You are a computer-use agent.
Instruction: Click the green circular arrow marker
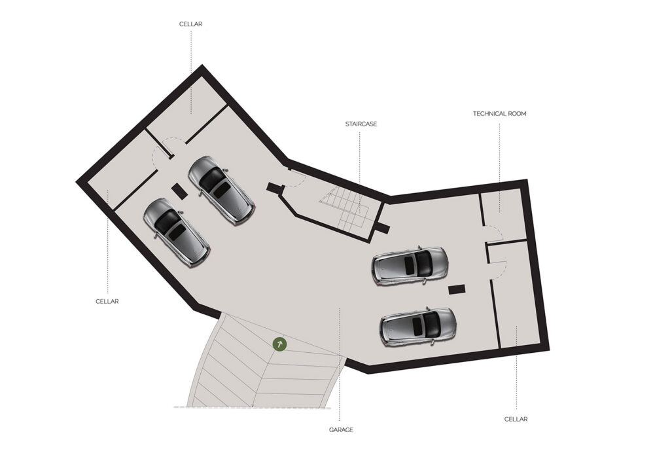click(x=280, y=344)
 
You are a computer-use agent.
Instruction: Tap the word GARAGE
click(x=341, y=430)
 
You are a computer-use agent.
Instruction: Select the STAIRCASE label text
click(x=361, y=124)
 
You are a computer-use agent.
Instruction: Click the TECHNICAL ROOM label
click(x=499, y=114)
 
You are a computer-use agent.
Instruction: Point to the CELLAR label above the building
click(x=190, y=24)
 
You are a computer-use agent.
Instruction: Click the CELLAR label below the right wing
click(x=516, y=419)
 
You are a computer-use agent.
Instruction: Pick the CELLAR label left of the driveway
click(x=107, y=302)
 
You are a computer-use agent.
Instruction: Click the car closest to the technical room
click(x=410, y=266)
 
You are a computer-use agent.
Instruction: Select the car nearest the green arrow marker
click(x=418, y=327)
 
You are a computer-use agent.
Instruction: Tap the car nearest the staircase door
click(x=221, y=190)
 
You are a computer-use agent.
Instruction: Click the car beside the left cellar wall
click(x=177, y=232)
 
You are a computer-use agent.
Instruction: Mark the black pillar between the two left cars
click(x=179, y=190)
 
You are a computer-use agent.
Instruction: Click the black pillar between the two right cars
click(x=456, y=289)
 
